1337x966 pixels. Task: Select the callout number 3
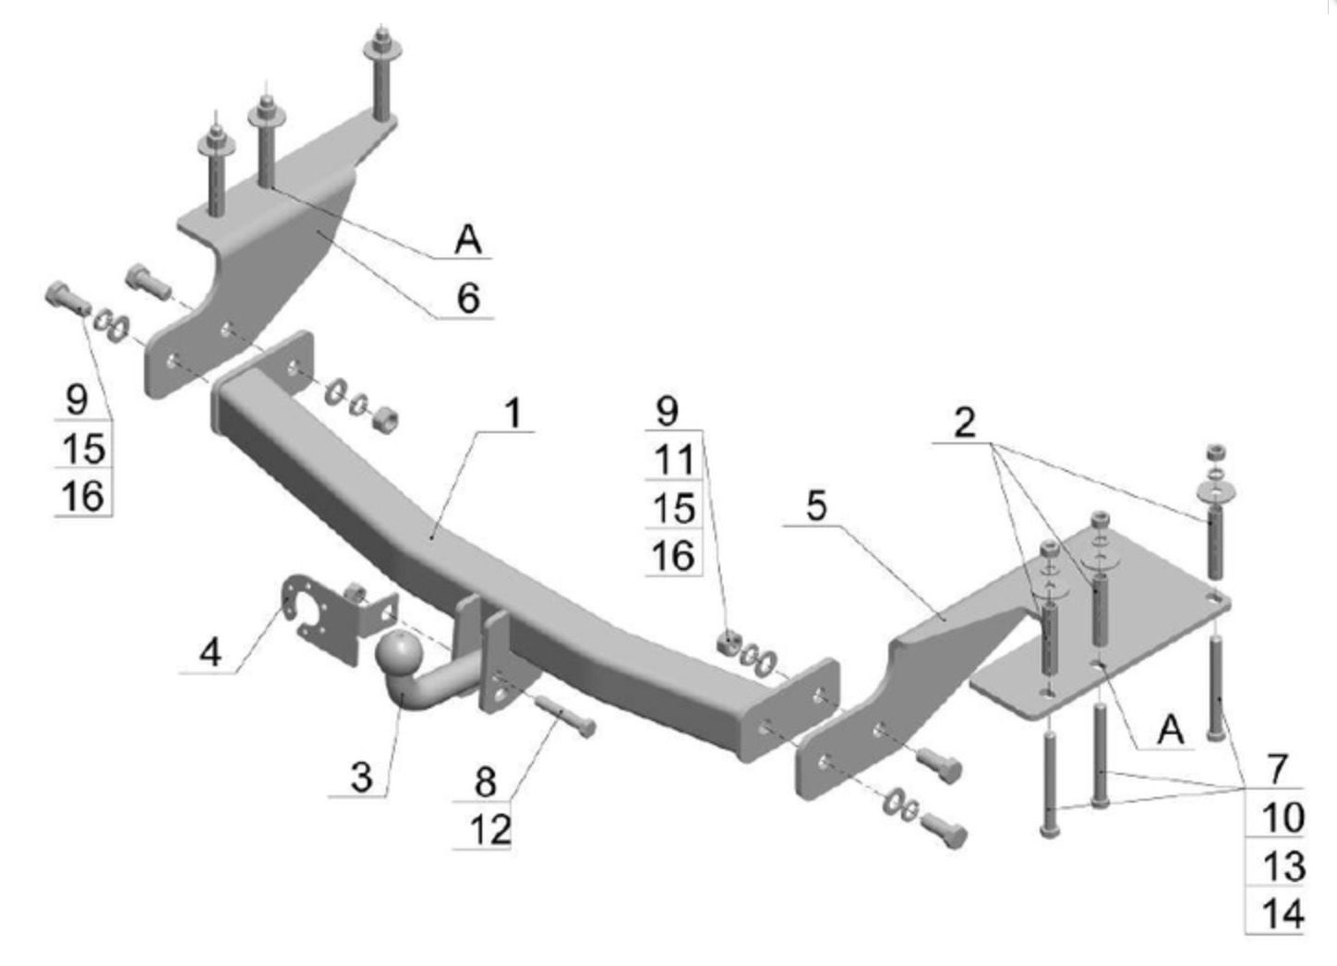[x=361, y=777]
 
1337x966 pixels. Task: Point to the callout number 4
[x=211, y=653]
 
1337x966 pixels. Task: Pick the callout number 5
[x=816, y=507]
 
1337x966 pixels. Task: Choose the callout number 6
[x=469, y=298]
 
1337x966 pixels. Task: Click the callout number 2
[x=964, y=423]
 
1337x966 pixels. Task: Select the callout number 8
[x=486, y=781]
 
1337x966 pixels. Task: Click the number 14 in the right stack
[x=1282, y=913]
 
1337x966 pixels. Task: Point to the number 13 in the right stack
[x=1282, y=865]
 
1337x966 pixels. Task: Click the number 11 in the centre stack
[x=673, y=459]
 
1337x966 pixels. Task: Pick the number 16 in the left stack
[x=82, y=496]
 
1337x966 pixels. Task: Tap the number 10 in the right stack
[x=1282, y=816]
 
